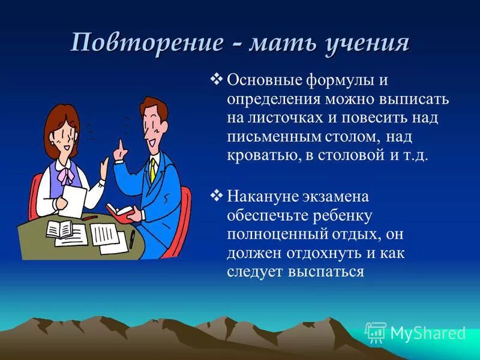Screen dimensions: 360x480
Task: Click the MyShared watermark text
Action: [x=427, y=333]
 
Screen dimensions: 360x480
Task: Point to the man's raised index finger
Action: [x=120, y=146]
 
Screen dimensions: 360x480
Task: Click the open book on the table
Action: [x=59, y=229]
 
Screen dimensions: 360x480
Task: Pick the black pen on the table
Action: [x=131, y=239]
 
